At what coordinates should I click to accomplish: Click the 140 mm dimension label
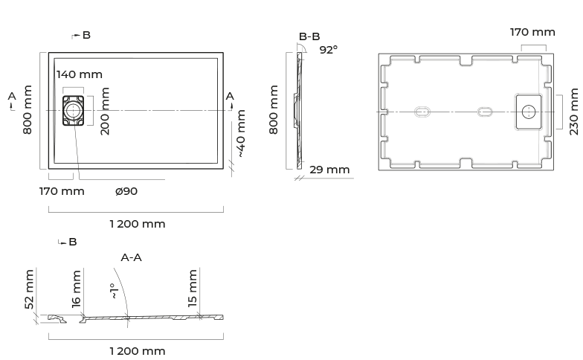tap(79, 74)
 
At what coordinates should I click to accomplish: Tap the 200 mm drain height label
tap(106, 111)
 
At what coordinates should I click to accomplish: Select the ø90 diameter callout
tap(126, 191)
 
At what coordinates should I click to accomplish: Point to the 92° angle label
tap(329, 49)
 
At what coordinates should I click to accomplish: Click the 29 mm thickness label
tap(329, 170)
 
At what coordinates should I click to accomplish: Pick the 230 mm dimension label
tap(574, 112)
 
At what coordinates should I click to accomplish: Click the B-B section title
tap(309, 36)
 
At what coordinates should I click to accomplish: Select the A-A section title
tap(131, 257)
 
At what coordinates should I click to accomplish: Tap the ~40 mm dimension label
tap(241, 134)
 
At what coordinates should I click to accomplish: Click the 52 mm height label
tap(29, 289)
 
